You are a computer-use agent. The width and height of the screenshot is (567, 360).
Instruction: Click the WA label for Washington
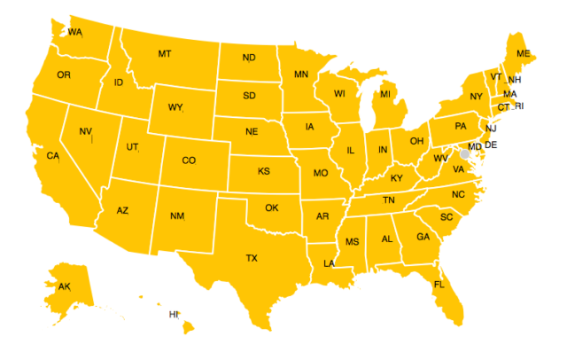(x=74, y=33)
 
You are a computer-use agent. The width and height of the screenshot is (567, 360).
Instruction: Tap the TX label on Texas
(x=252, y=258)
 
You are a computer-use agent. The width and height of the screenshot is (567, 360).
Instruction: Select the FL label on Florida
(x=439, y=285)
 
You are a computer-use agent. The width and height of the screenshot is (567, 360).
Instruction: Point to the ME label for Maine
(x=523, y=54)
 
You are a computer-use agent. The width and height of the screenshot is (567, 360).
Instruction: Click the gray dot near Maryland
(x=464, y=154)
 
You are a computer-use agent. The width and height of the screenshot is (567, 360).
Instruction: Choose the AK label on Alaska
(x=64, y=287)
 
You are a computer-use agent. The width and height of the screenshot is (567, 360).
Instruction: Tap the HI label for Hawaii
(x=174, y=315)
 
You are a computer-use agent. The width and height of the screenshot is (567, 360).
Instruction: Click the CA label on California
(x=52, y=156)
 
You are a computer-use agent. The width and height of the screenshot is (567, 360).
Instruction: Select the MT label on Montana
(x=164, y=54)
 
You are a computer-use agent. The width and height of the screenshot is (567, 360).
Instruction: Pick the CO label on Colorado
(x=189, y=160)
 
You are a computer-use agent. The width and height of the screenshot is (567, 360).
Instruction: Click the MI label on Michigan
(x=385, y=94)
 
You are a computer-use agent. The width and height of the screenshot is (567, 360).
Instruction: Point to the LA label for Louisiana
(x=329, y=263)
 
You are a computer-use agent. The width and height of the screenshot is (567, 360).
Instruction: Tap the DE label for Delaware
(x=491, y=145)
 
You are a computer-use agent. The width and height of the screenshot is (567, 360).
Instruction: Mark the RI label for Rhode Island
(x=519, y=106)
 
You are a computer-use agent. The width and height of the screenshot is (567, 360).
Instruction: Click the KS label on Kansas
(x=263, y=171)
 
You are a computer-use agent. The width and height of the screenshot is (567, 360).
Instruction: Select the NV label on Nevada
(x=85, y=132)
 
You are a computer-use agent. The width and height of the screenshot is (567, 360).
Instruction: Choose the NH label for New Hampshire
(x=515, y=80)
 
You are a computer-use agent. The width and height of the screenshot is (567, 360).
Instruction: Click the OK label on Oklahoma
(x=272, y=208)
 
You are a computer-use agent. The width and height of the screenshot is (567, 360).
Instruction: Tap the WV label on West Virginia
(x=440, y=159)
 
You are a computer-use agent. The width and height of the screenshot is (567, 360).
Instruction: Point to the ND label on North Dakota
(x=249, y=59)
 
